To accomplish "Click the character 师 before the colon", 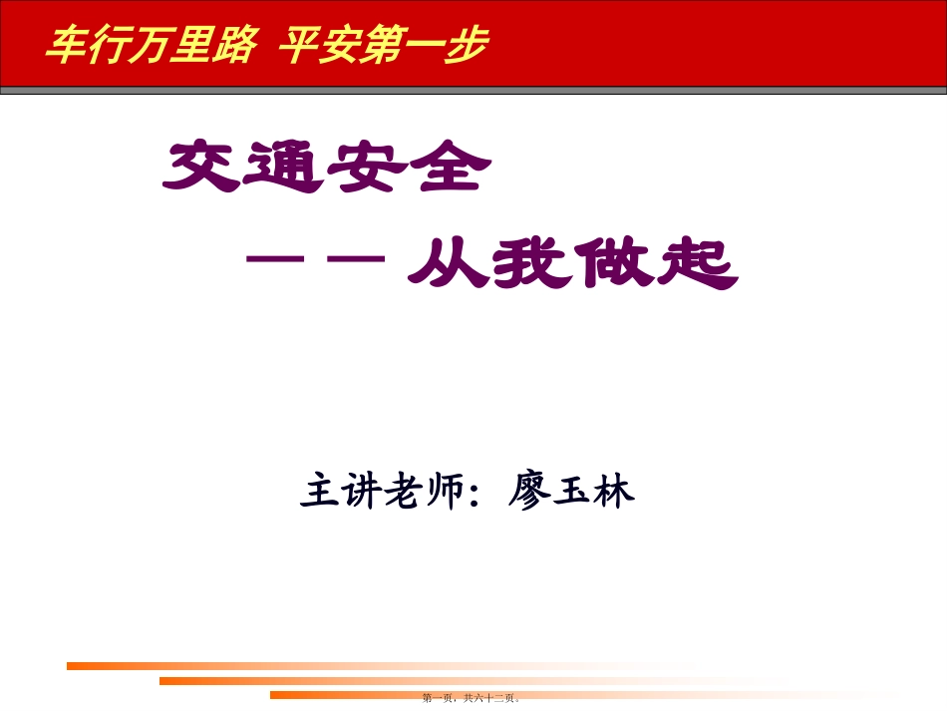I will click(x=445, y=491).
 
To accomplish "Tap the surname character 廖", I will click(x=529, y=491).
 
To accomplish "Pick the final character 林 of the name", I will click(x=614, y=491).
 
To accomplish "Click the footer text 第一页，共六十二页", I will click(x=473, y=699).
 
